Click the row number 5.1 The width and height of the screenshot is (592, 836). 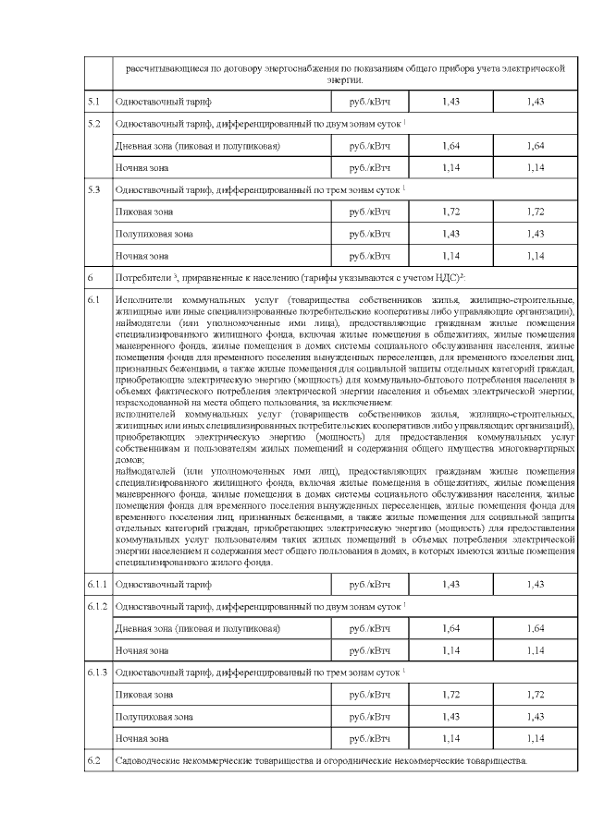92,100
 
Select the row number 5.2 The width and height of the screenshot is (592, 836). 92,123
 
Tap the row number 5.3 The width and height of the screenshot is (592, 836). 92,189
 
